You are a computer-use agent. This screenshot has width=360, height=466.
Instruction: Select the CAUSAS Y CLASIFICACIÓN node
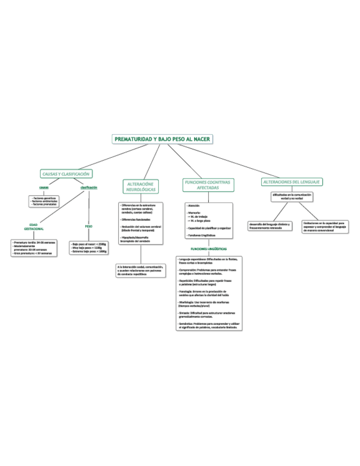click(x=66, y=174)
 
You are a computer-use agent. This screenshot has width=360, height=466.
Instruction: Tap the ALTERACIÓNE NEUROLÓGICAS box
click(x=141, y=186)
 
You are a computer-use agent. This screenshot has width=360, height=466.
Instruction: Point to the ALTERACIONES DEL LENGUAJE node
click(x=292, y=182)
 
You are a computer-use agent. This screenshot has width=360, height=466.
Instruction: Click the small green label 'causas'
click(x=43, y=188)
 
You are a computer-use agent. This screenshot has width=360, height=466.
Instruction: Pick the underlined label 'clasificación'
click(x=88, y=187)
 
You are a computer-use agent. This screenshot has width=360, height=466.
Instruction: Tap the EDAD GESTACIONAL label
click(x=34, y=226)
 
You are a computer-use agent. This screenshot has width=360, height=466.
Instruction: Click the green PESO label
click(x=88, y=226)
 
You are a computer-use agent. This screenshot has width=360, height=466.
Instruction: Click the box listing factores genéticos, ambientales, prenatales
click(x=43, y=201)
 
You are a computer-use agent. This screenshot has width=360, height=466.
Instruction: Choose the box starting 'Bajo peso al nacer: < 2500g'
click(x=89, y=247)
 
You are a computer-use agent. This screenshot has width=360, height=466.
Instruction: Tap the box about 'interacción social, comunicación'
click(x=141, y=270)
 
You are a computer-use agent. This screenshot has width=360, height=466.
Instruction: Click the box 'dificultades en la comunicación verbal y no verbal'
click(x=292, y=196)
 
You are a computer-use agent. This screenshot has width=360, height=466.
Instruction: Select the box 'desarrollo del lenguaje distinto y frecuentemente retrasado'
click(x=270, y=226)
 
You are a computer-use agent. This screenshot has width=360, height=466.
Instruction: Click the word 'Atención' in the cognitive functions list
click(x=193, y=206)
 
